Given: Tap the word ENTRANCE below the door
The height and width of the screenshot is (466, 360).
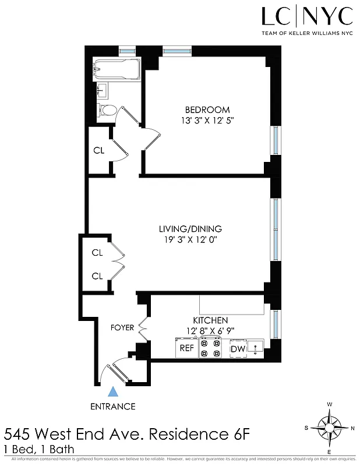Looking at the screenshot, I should (113, 407).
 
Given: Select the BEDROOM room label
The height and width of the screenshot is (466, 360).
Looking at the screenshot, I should (207, 110).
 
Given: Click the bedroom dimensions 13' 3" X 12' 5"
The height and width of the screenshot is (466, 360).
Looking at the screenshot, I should (207, 121).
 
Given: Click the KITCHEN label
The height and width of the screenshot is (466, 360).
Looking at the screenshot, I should (210, 320).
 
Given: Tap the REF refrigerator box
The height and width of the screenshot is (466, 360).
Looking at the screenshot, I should (186, 348).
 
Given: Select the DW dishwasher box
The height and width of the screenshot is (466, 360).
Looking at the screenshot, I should (238, 349).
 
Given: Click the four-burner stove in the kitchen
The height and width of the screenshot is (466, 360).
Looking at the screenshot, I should (210, 348).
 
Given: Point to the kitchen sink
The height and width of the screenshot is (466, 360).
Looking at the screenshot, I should (255, 348).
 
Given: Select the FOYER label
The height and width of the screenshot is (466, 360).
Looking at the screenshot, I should (122, 327).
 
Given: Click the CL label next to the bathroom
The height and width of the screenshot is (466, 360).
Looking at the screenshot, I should (98, 150).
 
